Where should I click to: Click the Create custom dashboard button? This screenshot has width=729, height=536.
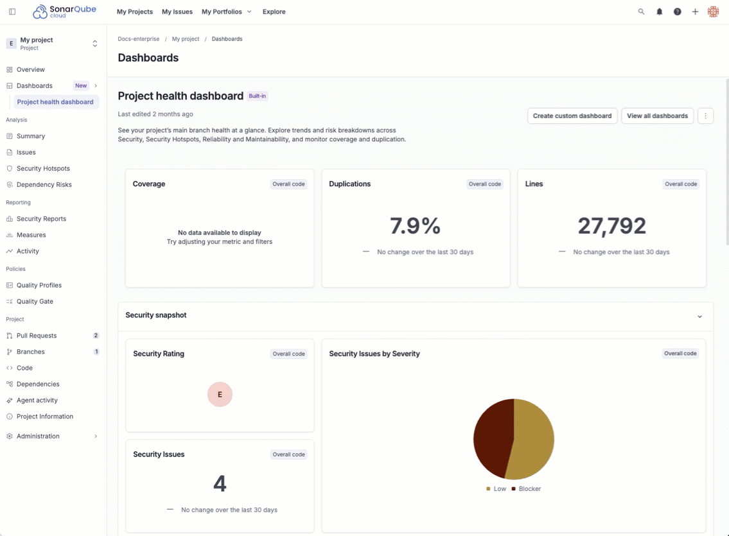(x=572, y=116)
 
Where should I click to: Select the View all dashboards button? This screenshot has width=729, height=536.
(x=657, y=116)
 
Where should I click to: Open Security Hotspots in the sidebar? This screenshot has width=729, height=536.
(x=43, y=169)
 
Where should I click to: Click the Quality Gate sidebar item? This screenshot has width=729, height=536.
(x=35, y=302)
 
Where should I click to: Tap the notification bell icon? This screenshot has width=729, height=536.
(x=659, y=12)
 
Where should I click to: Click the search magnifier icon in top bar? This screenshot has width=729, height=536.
(x=641, y=12)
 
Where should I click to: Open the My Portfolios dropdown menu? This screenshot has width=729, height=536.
(x=226, y=12)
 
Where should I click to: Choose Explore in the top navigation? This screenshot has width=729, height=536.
(x=274, y=12)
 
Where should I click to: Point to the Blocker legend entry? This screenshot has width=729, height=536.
(x=526, y=489)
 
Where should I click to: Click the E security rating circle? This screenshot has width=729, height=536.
(x=220, y=395)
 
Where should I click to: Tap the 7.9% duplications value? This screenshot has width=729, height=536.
(x=415, y=226)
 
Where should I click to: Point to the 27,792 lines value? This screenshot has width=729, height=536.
(x=611, y=226)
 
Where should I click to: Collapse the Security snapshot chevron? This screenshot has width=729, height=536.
(x=699, y=316)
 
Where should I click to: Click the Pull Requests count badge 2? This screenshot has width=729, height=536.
(x=96, y=336)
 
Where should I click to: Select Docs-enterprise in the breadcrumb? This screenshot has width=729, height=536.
(x=139, y=39)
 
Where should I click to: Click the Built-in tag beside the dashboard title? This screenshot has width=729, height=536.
(x=257, y=96)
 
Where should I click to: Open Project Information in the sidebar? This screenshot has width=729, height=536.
(x=44, y=417)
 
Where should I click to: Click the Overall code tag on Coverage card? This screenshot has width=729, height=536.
(x=288, y=184)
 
